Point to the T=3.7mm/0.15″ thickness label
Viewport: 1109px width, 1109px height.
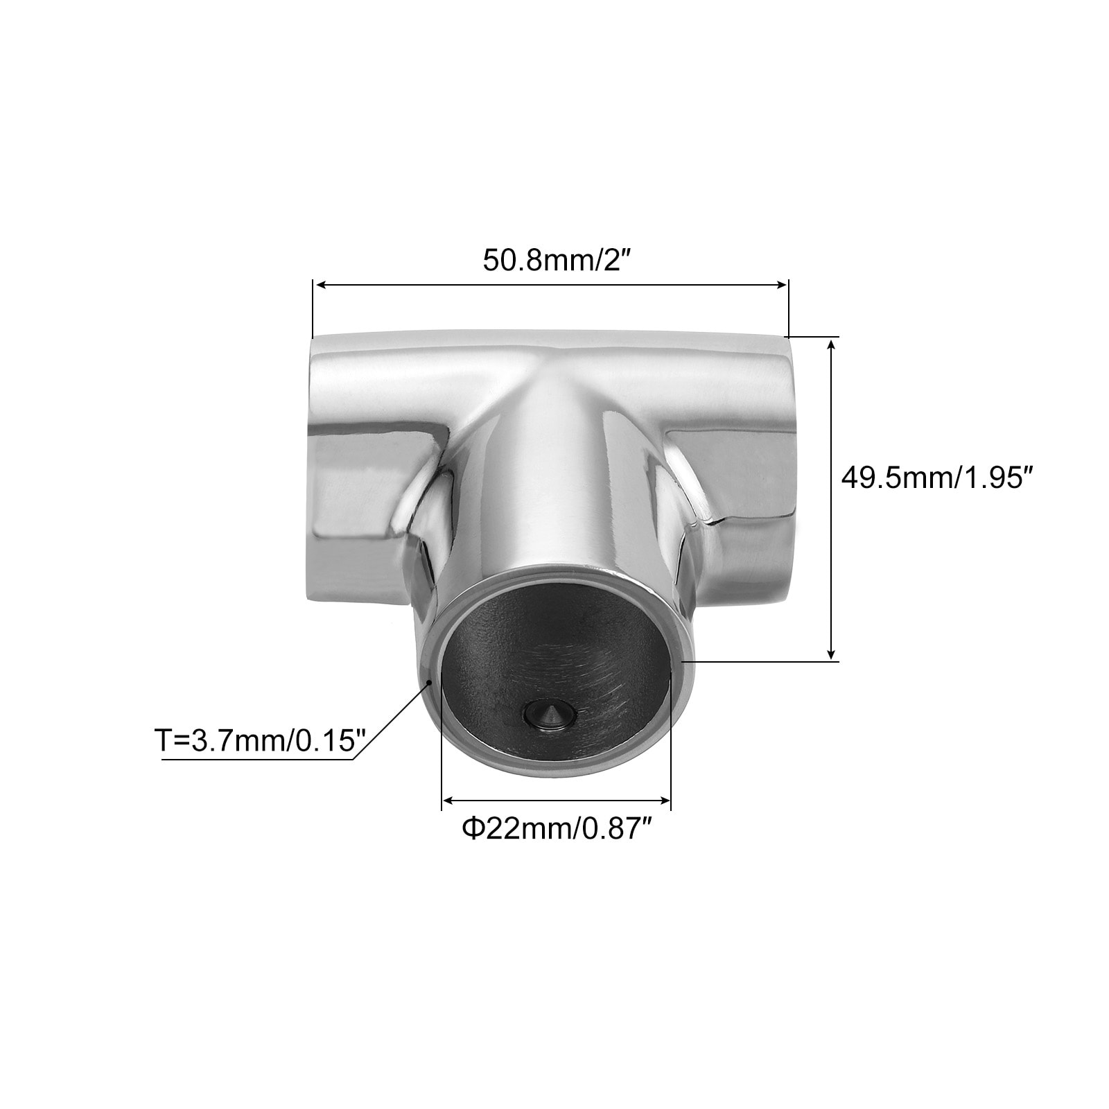260,740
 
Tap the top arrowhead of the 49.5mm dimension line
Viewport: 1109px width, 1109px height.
832,346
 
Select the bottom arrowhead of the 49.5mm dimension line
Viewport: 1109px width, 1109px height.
832,652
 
